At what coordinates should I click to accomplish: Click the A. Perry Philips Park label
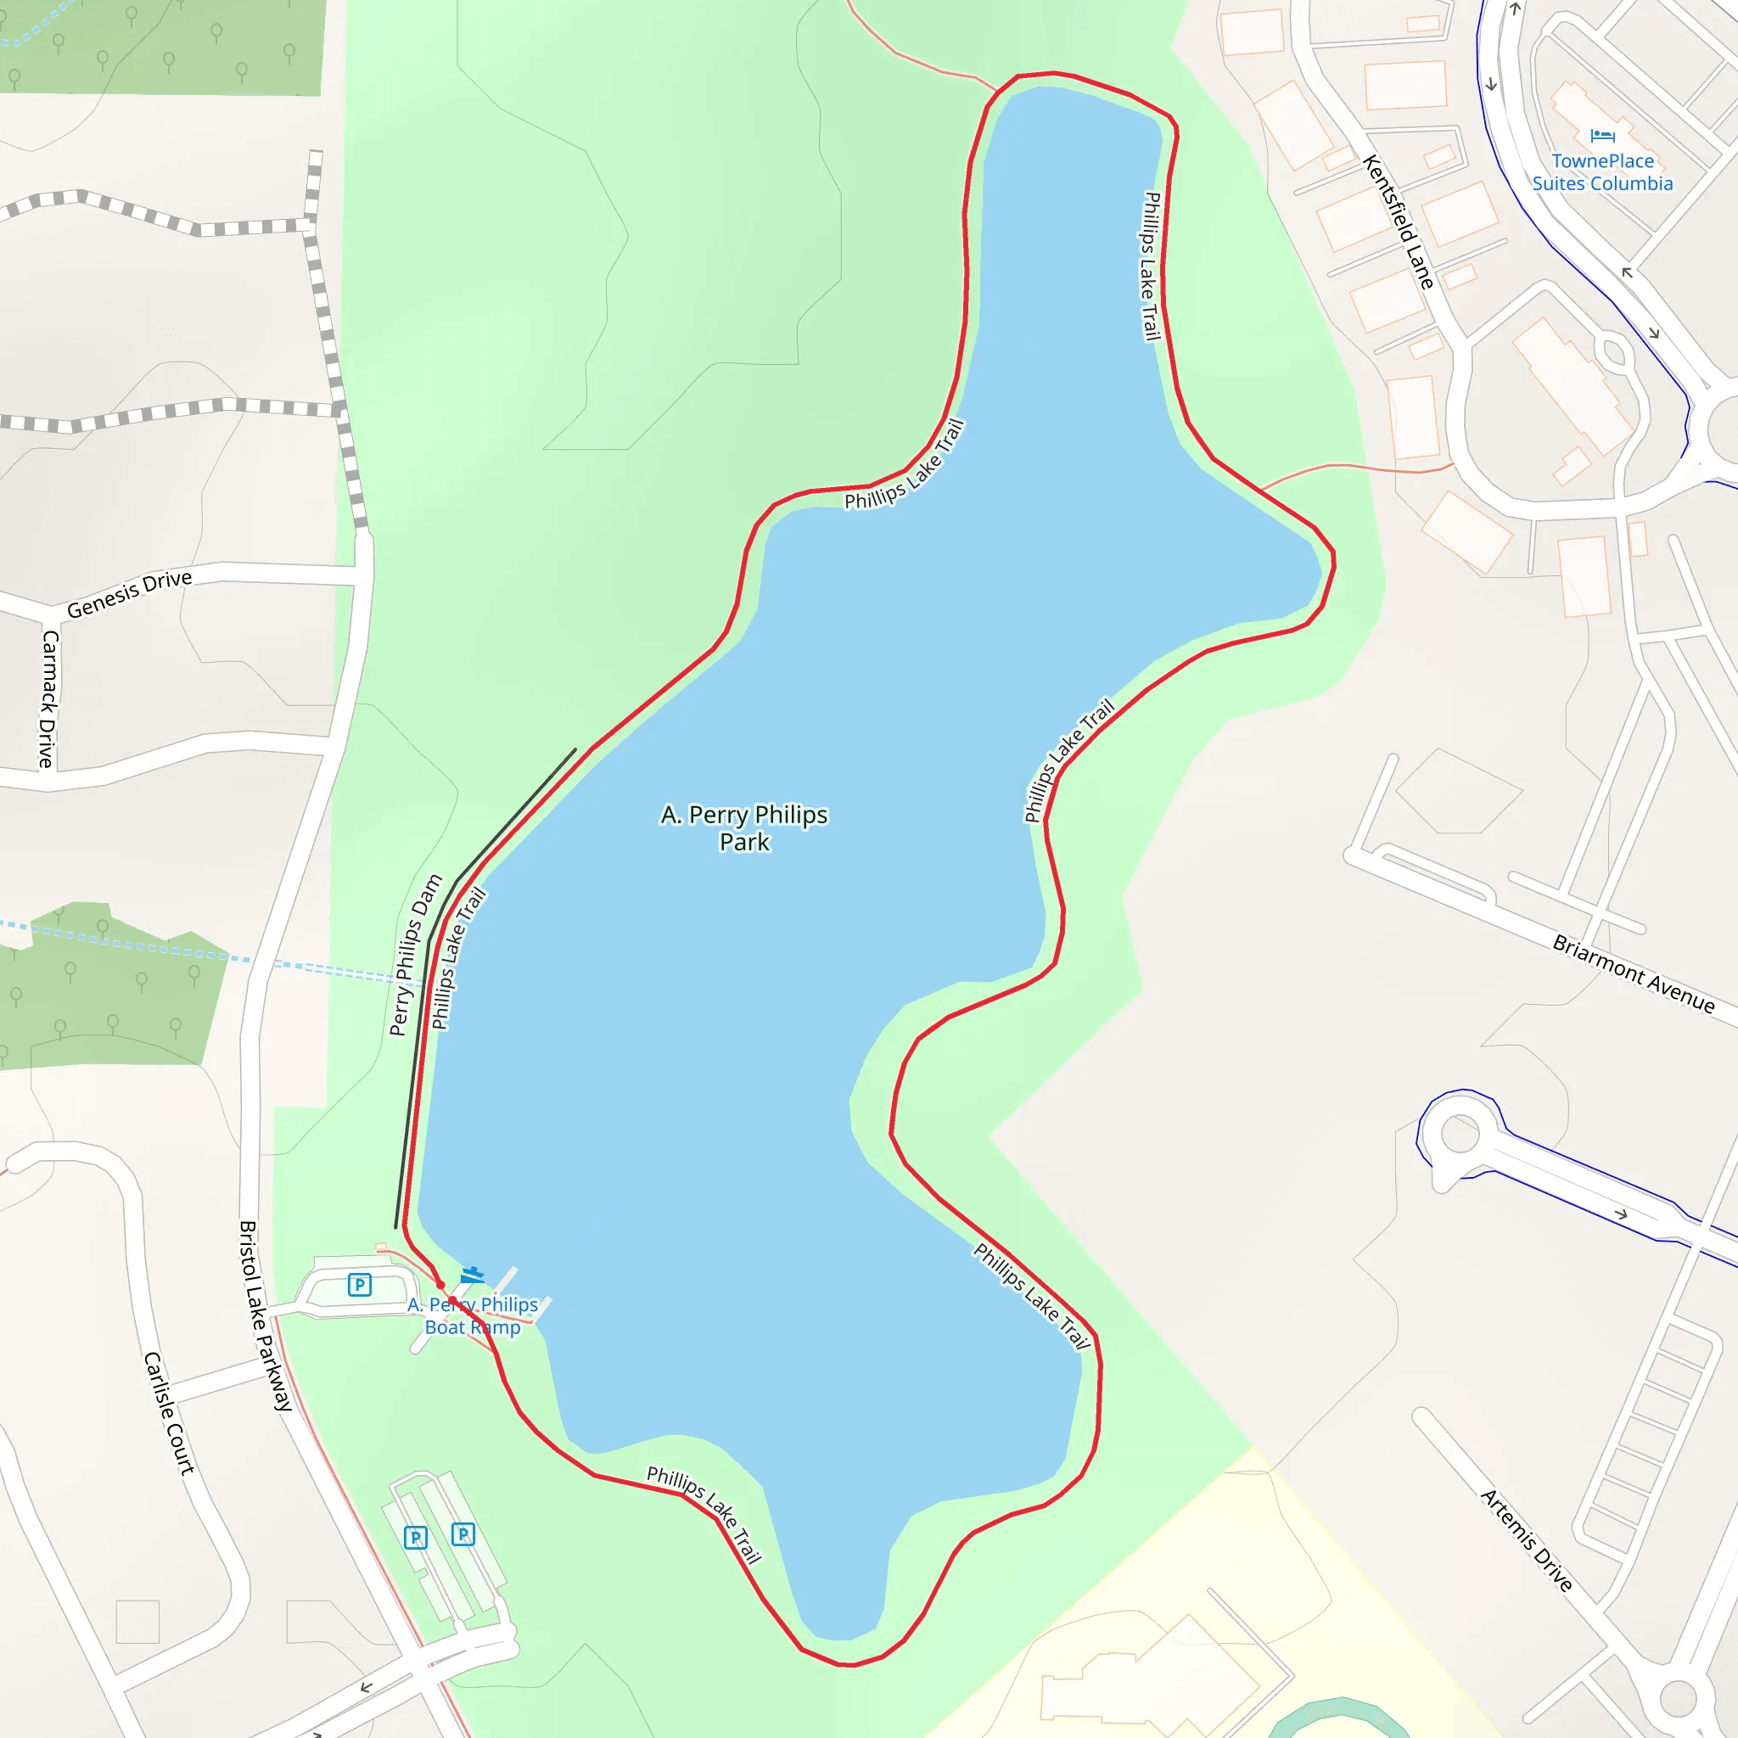744,827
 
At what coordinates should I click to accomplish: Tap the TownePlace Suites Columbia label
1602,171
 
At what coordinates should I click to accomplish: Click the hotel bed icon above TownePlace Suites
1602,136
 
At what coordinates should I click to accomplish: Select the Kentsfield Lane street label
1397,221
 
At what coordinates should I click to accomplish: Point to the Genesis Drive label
130,594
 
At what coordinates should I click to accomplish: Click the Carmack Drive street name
48,699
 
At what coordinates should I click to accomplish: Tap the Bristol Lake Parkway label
266,1315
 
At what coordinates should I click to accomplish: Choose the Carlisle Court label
169,1413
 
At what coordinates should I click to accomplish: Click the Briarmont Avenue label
1633,974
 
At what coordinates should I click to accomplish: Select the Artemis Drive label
1527,1540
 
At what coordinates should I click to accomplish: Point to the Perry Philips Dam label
416,955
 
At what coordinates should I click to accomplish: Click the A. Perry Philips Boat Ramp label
473,1315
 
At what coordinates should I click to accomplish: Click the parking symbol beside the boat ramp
360,1285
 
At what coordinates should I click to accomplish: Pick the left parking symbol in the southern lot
416,1538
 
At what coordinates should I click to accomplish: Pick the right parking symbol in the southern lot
463,1533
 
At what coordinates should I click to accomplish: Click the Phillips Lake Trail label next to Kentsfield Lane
1151,266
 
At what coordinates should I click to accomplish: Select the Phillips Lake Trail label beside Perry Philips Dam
459,957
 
